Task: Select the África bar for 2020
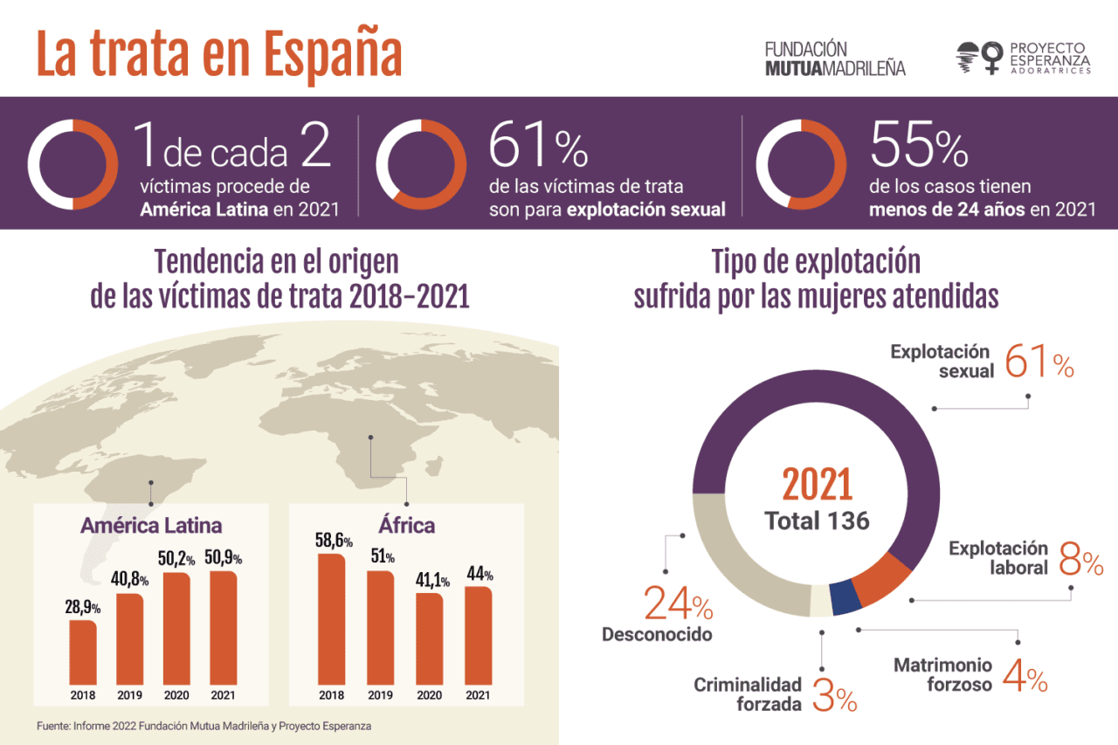click(x=429, y=638)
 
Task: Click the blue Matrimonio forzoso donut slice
click(x=842, y=597)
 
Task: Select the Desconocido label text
click(x=657, y=635)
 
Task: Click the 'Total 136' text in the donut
click(x=817, y=521)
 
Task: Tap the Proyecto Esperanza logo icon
click(x=979, y=58)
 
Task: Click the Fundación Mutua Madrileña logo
click(x=834, y=58)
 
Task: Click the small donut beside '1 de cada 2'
click(x=72, y=163)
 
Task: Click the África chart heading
click(x=406, y=526)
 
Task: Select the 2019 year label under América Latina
click(x=130, y=696)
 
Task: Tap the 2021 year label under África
click(x=478, y=696)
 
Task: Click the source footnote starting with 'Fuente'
click(x=204, y=726)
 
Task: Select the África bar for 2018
click(x=331, y=618)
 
